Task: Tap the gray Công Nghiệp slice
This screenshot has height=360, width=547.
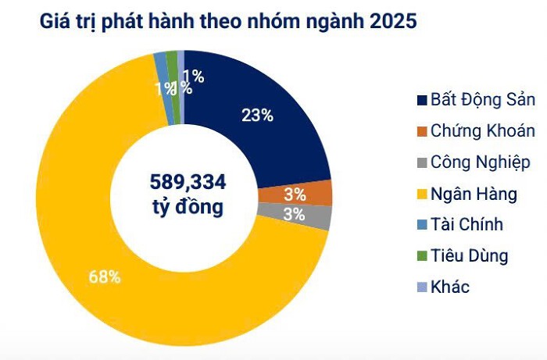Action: point(317,216)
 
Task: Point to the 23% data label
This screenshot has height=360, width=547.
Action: point(257,116)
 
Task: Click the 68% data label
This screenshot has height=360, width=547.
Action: point(104,276)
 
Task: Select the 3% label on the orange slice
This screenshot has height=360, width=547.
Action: point(295,194)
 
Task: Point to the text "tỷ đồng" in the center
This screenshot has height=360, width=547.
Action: point(188,208)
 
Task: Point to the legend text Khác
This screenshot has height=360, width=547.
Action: point(450,287)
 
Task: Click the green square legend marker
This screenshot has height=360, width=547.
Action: point(423,256)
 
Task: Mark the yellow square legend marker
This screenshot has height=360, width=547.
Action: point(423,194)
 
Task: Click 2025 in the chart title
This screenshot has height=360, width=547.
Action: point(392,21)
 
